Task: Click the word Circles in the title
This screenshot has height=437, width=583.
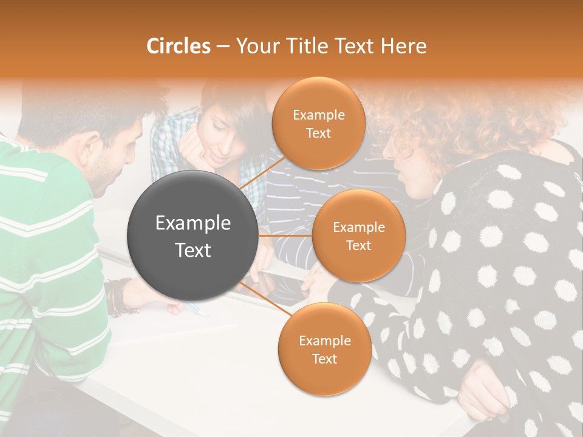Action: pyautogui.click(x=179, y=46)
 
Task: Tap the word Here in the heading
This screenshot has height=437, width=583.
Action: pyautogui.click(x=403, y=46)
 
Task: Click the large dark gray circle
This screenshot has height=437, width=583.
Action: pyautogui.click(x=193, y=235)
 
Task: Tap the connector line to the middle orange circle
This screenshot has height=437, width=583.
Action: pyautogui.click(x=285, y=235)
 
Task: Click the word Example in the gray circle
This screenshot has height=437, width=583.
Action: pyautogui.click(x=193, y=223)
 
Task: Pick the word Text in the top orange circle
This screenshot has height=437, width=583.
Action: pyautogui.click(x=318, y=133)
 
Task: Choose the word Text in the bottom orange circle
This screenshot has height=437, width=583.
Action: pyautogui.click(x=324, y=359)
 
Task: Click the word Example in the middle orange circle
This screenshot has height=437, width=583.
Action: pyautogui.click(x=358, y=228)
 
